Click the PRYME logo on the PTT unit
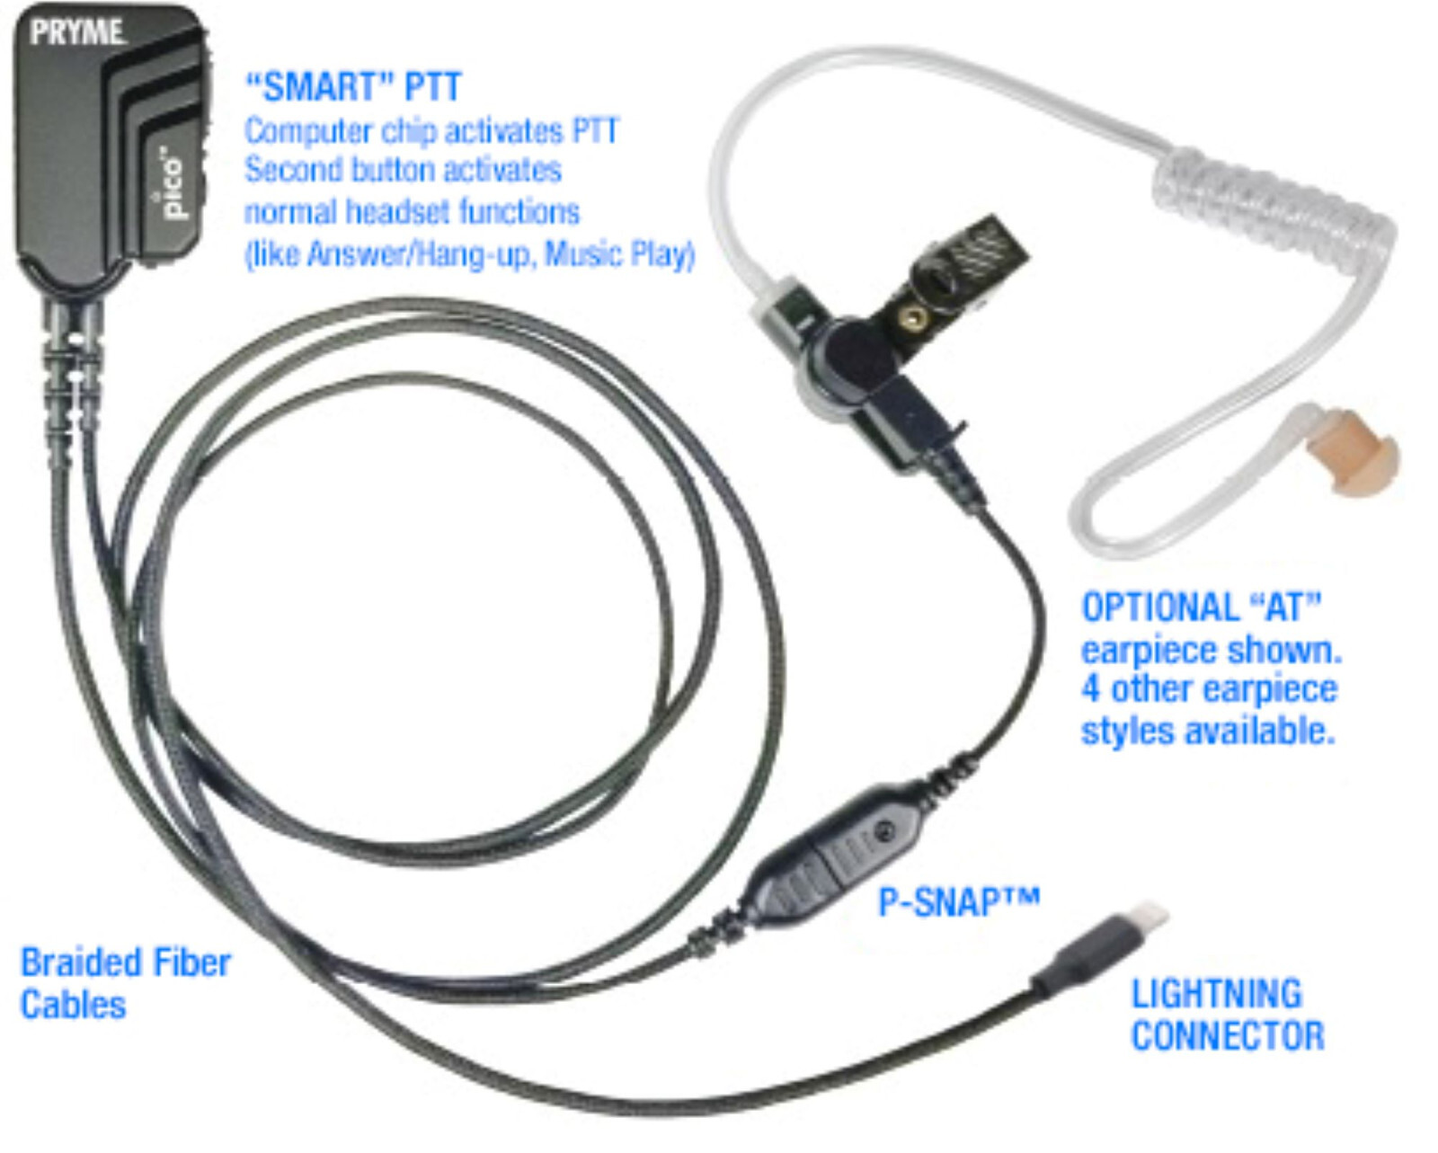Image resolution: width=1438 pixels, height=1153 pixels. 76,33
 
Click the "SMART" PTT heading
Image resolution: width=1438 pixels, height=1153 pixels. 353,87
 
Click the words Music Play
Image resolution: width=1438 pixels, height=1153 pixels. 620,254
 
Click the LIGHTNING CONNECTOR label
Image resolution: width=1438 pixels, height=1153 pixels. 1226,1015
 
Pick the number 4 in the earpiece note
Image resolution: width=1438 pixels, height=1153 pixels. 1090,689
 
